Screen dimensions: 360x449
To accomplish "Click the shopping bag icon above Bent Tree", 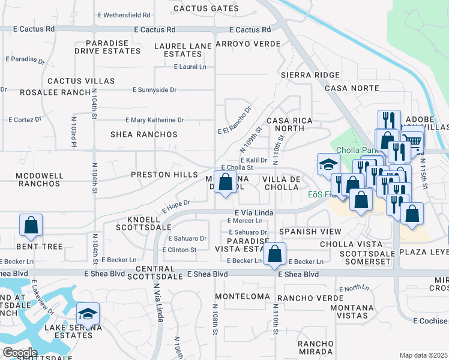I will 31,226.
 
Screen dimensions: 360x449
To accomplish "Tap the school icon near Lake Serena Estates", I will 88,314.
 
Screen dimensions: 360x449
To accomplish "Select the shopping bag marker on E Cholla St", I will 225,182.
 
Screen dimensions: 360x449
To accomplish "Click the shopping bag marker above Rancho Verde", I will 274,254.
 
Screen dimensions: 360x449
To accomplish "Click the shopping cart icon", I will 412,142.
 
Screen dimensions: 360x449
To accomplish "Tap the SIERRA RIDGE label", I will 310,75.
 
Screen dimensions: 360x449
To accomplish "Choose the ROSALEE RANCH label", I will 46,92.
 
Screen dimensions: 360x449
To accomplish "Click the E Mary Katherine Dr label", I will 154,120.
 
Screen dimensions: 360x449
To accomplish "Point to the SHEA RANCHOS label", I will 144,134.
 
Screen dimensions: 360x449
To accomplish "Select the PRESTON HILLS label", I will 164,175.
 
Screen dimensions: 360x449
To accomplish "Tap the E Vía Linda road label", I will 254,212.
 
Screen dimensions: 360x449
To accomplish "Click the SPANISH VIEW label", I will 310,231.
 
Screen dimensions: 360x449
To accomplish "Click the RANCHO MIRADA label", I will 315,347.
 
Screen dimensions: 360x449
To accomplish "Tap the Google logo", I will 20,353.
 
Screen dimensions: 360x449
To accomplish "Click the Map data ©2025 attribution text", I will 423,355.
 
